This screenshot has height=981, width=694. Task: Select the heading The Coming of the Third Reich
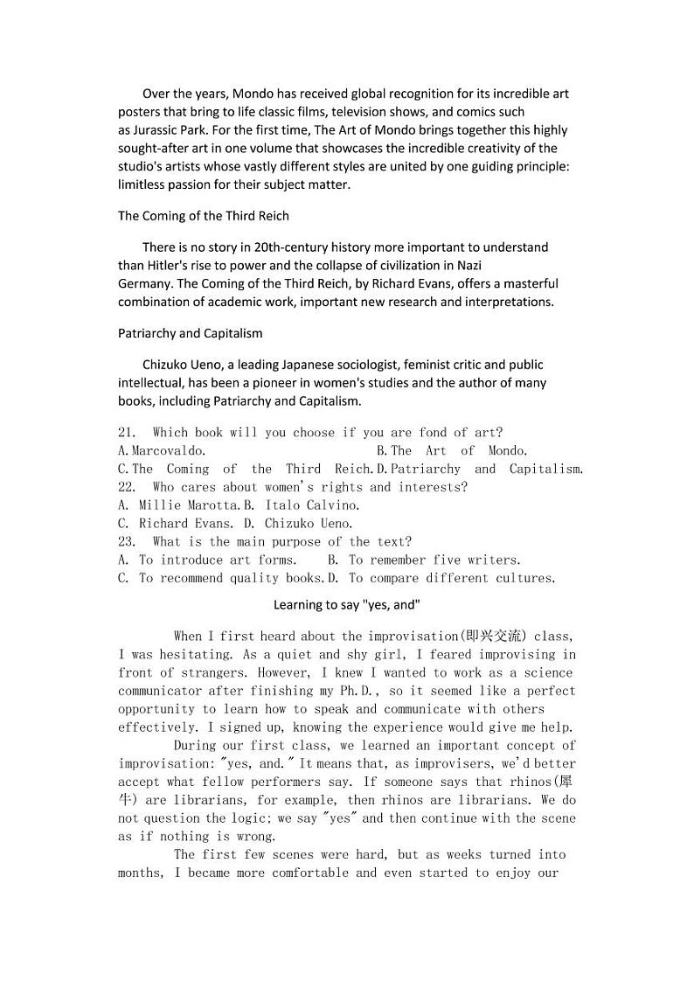click(x=204, y=215)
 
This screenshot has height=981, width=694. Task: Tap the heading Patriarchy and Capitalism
click(x=190, y=333)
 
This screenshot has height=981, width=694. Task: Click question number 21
click(x=127, y=433)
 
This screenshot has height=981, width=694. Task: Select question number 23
click(x=127, y=542)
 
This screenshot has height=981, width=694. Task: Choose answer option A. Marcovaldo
click(x=163, y=451)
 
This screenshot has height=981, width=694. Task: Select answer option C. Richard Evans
click(x=176, y=524)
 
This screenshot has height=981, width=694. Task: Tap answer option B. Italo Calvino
click(x=302, y=505)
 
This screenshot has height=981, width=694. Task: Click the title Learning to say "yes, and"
click(x=347, y=605)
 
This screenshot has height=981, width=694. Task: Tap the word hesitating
click(x=194, y=655)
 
